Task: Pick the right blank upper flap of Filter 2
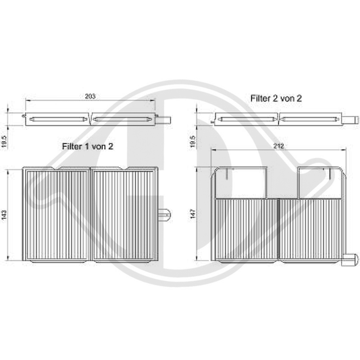pyautogui.click(x=319, y=182)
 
